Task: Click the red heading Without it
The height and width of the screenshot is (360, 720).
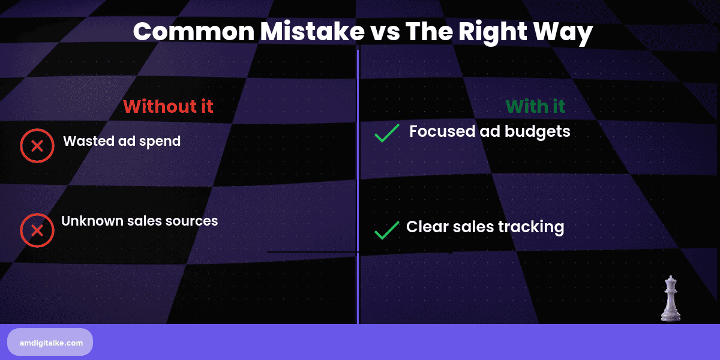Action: point(168,107)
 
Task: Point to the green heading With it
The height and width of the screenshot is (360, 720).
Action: point(535,107)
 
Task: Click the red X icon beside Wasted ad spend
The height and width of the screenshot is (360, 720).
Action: point(37,146)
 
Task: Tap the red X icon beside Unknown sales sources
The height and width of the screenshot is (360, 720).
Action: point(37,230)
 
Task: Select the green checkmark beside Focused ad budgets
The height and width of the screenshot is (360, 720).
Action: point(387,133)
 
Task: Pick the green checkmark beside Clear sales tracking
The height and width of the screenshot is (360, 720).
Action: point(387,230)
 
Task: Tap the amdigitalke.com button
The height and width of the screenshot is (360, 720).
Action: point(50,343)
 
